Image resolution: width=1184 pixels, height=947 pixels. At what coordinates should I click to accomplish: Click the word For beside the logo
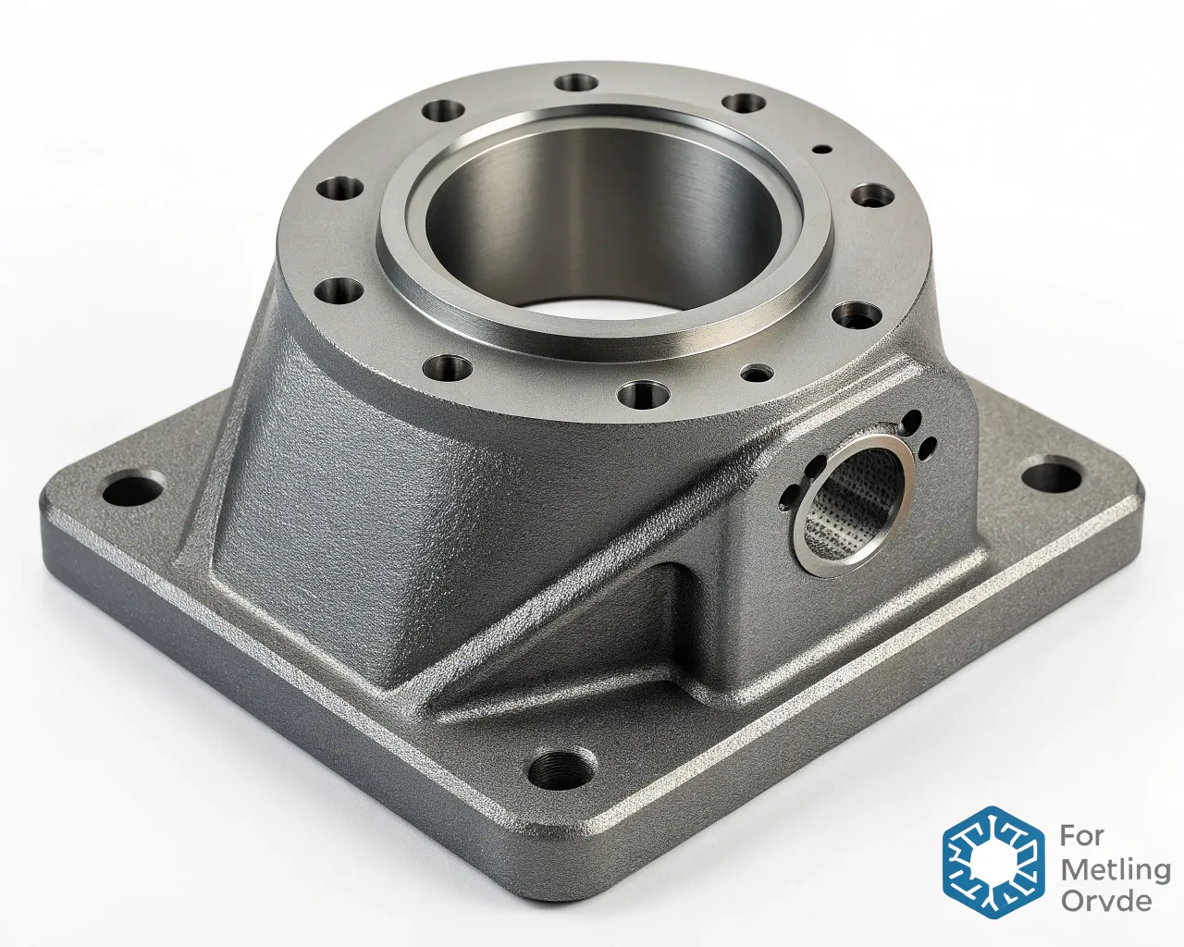coord(1081,836)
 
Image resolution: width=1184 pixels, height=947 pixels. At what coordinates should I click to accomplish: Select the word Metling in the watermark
coord(1115,869)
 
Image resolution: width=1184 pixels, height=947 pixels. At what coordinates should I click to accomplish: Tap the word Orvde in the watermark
coord(1106,901)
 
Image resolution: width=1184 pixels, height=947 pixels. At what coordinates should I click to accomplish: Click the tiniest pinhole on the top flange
coord(820,148)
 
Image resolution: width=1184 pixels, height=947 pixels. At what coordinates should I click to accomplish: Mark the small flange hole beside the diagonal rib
coord(758,373)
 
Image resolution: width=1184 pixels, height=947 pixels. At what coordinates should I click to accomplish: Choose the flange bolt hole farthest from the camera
coord(578,82)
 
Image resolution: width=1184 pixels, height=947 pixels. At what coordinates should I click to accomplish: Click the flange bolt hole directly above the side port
coord(857,316)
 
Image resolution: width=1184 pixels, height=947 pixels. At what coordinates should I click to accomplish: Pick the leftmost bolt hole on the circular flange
coord(339,190)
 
